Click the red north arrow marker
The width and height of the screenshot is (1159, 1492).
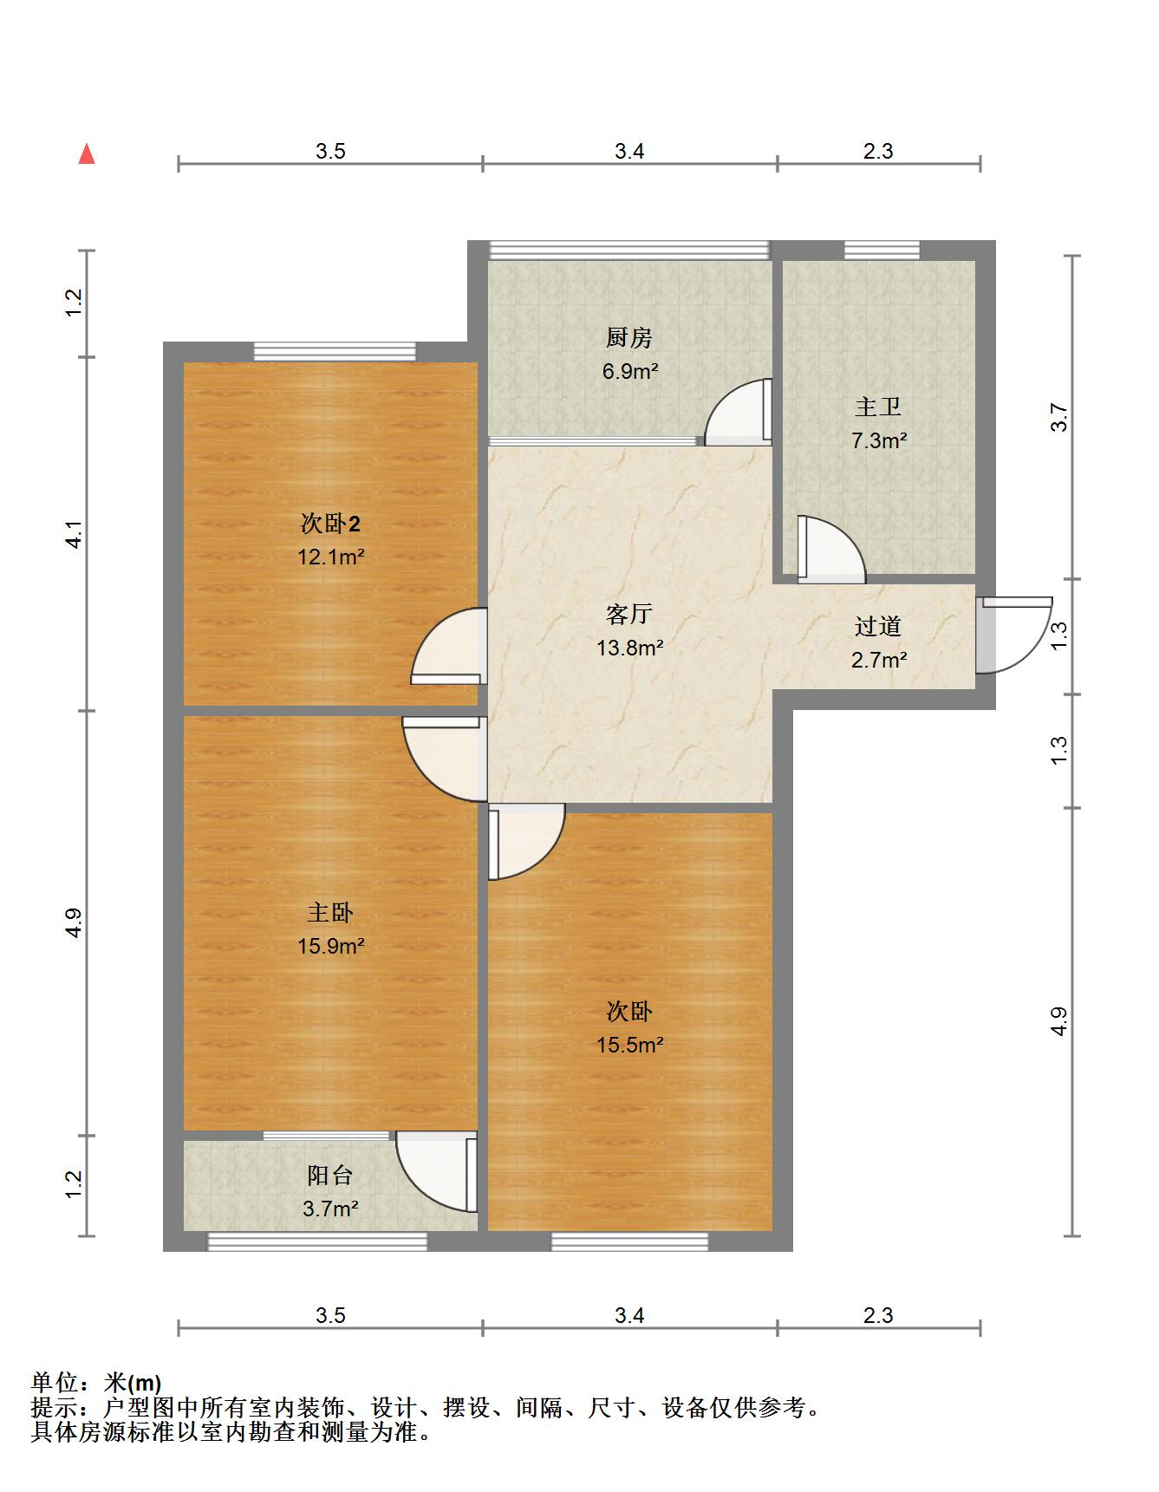[87, 154]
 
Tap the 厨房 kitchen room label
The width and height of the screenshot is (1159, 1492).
[629, 337]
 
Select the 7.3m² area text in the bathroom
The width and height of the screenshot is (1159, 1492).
[878, 440]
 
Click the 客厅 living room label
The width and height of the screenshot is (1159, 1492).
[629, 614]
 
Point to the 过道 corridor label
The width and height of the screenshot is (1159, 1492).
[878, 626]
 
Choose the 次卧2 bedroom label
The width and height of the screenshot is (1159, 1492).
[330, 523]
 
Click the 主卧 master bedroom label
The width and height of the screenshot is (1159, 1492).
[330, 912]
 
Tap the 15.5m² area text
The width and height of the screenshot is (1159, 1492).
[629, 1045]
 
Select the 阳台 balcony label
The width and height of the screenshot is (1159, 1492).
[330, 1176]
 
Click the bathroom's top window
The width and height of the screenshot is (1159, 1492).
[882, 251]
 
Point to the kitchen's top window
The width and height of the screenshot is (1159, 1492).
[629, 251]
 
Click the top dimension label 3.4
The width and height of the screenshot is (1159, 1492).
[629, 151]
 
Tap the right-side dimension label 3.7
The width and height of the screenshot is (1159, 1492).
[1058, 418]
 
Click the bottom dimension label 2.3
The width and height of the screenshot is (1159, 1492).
[878, 1315]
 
